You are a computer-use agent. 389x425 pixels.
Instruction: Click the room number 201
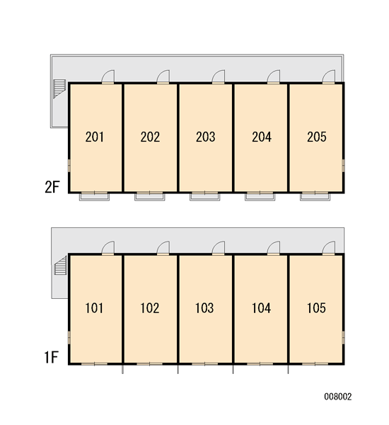tap(95, 137)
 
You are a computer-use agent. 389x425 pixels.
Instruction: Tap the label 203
tap(206, 137)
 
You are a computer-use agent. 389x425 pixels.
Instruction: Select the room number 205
tap(316, 137)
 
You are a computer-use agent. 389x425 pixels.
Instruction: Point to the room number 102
tap(150, 308)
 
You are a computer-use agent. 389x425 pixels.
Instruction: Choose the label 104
tap(261, 308)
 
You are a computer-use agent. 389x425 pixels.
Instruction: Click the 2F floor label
tap(52, 187)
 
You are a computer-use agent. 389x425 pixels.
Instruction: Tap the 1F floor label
tap(52, 357)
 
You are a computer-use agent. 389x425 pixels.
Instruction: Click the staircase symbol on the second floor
tap(59, 89)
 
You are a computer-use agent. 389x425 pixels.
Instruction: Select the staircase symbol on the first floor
tap(60, 266)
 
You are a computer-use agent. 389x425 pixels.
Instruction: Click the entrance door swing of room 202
tap(163, 76)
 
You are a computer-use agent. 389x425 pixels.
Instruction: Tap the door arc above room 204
tap(274, 76)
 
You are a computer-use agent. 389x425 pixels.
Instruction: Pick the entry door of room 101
tap(108, 248)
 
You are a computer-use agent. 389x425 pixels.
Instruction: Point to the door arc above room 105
tap(329, 248)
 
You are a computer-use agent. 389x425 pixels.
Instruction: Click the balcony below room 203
tap(204, 196)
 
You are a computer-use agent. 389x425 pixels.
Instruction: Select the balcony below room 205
tap(315, 196)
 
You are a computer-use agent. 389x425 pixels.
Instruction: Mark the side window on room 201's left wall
tap(69, 165)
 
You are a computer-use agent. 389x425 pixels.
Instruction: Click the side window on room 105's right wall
tap(343, 337)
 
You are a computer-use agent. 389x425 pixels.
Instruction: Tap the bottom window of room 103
tap(204, 364)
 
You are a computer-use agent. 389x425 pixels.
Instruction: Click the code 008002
tap(338, 397)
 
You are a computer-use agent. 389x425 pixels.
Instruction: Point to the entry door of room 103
tap(218, 248)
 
